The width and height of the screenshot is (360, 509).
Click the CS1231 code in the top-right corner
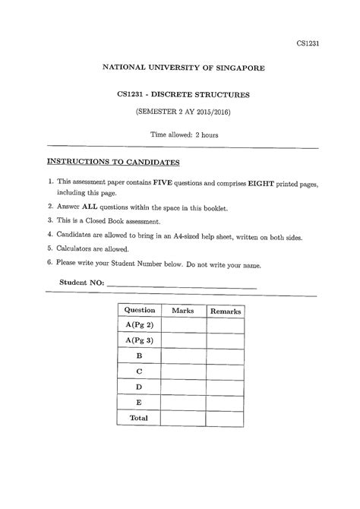(x=308, y=43)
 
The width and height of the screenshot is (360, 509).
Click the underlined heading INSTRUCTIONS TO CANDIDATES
(x=112, y=162)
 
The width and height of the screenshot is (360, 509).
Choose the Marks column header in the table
(x=183, y=311)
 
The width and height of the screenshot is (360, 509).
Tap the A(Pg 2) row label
(x=139, y=326)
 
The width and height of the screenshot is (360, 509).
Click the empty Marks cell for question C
(x=183, y=371)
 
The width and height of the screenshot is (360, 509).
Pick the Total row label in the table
(x=139, y=417)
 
